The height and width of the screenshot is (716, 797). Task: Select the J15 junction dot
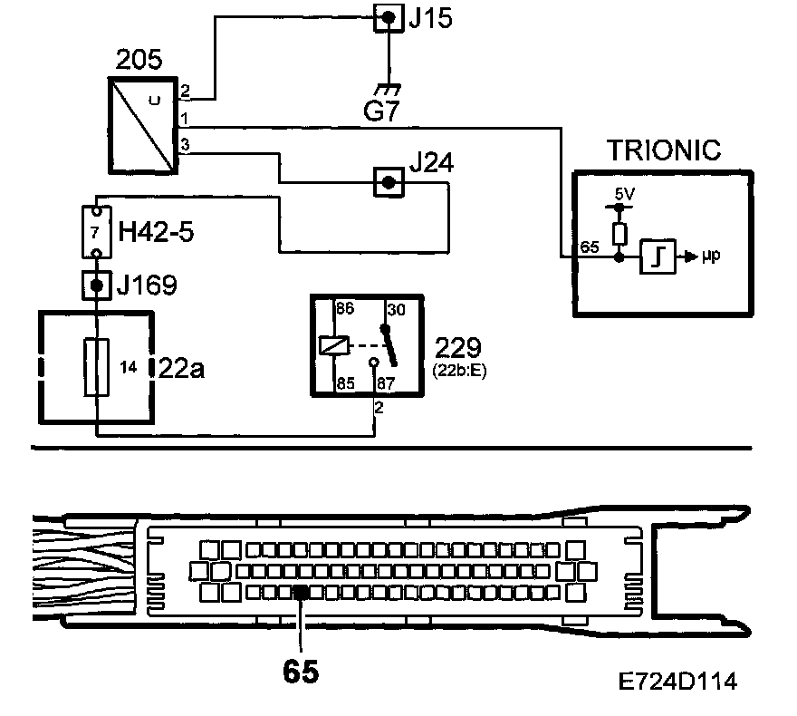[389, 18]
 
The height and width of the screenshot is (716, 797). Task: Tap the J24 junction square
[389, 182]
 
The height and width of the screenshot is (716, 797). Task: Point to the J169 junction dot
[96, 287]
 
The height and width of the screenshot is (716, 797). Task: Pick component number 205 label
[139, 61]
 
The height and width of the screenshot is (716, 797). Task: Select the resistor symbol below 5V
[619, 234]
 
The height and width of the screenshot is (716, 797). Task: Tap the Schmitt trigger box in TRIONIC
[656, 257]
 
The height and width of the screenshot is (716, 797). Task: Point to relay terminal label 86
[344, 309]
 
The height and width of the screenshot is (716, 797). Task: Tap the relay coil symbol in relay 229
[331, 345]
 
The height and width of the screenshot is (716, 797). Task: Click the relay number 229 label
[461, 348]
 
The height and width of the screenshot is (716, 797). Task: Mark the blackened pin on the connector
[300, 592]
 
